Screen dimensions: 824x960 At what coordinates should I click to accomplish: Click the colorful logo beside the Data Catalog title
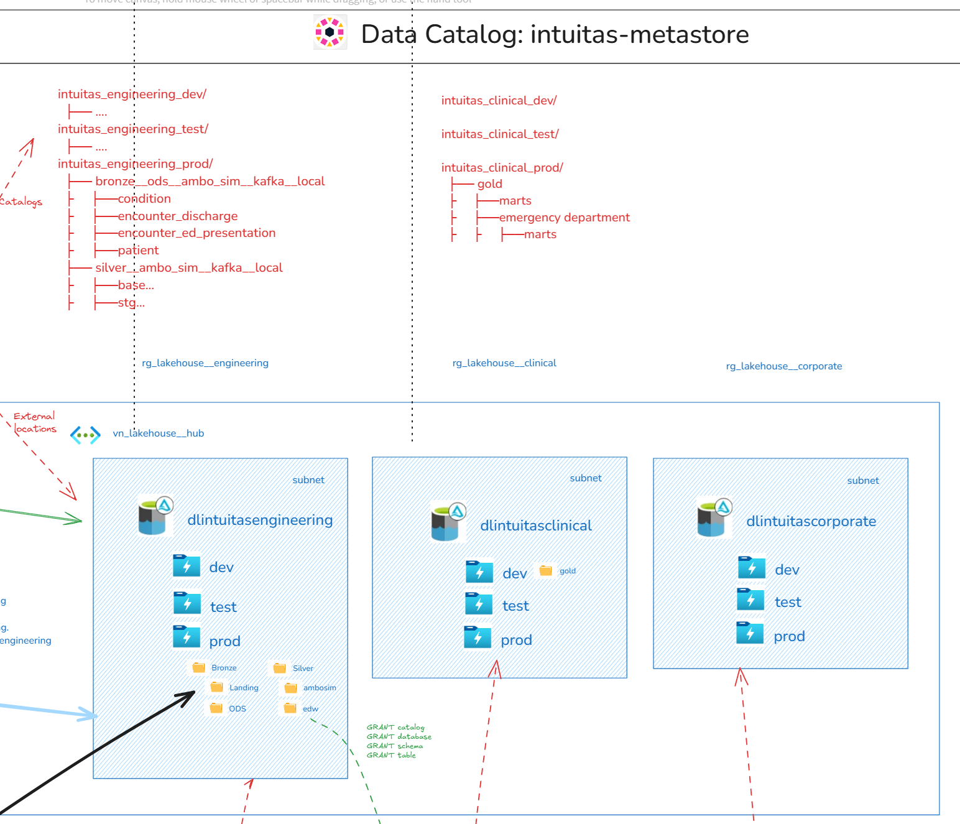(x=330, y=32)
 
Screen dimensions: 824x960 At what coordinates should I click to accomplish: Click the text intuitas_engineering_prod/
(x=136, y=164)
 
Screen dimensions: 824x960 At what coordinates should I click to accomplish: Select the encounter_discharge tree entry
(x=178, y=216)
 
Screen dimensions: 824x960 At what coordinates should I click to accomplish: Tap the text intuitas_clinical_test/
(x=500, y=134)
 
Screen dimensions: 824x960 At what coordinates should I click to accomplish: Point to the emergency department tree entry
(x=564, y=217)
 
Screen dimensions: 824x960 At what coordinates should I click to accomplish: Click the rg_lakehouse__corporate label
(x=783, y=366)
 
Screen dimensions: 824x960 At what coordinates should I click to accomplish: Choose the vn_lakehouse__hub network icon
(x=85, y=435)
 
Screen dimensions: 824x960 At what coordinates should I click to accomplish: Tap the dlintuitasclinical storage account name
(x=536, y=525)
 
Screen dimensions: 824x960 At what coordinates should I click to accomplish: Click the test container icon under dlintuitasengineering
(x=187, y=603)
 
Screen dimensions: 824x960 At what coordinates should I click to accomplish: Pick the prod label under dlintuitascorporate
(x=789, y=636)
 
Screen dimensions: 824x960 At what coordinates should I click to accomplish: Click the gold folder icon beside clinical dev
(x=546, y=570)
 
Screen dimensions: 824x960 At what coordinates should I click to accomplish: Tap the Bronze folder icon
(x=199, y=667)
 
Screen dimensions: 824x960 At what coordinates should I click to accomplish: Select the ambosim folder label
(x=320, y=688)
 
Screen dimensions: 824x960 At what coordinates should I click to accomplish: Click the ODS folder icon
(x=216, y=708)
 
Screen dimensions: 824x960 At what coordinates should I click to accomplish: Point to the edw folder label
(x=310, y=709)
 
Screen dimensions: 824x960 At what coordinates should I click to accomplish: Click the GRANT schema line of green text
(x=394, y=746)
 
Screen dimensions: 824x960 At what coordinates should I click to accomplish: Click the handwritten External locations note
(x=35, y=422)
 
